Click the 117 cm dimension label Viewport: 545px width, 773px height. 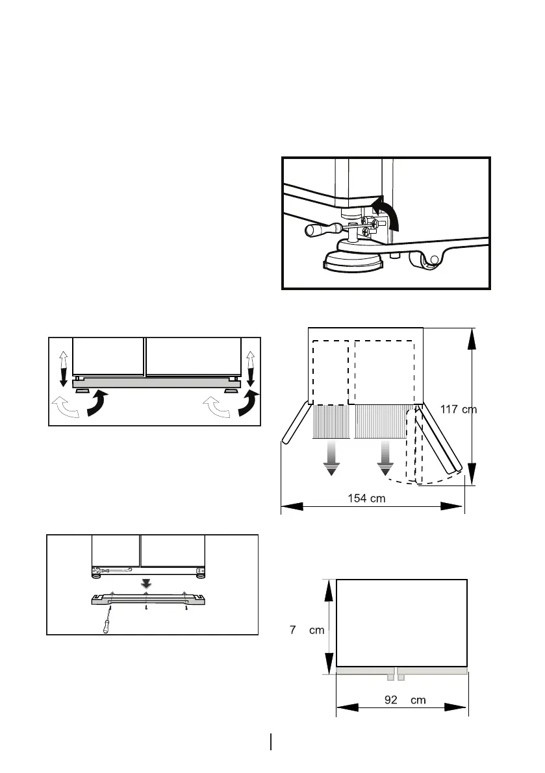point(458,410)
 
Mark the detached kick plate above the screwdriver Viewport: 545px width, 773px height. point(146,599)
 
